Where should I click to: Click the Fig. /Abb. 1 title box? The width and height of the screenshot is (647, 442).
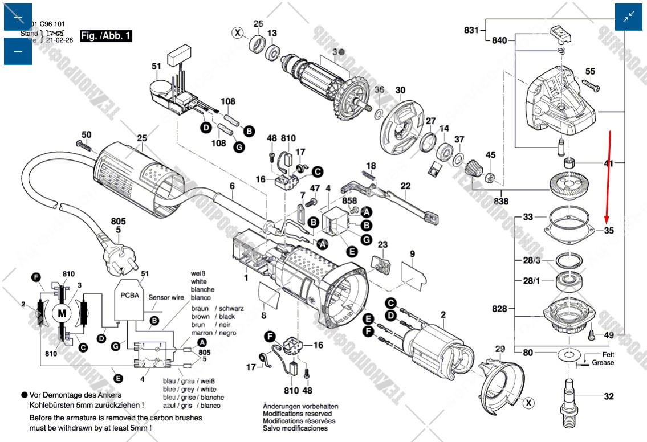tap(107, 36)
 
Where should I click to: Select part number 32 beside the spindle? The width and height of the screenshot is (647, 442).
tap(609, 396)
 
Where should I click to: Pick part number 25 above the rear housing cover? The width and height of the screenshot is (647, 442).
tap(142, 138)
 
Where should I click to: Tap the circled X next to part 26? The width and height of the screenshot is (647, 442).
tap(237, 32)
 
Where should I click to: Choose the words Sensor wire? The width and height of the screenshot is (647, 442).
tap(166, 297)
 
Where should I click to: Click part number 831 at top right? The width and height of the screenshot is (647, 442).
tap(471, 30)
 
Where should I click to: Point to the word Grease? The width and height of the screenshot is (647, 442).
tap(603, 362)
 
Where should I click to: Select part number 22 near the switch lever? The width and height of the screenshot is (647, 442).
tap(405, 186)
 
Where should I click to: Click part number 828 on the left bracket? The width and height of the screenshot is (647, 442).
tap(499, 309)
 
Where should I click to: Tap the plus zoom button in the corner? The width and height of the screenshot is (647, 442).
tap(18, 17)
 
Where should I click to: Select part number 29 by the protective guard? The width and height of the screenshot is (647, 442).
tap(500, 349)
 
